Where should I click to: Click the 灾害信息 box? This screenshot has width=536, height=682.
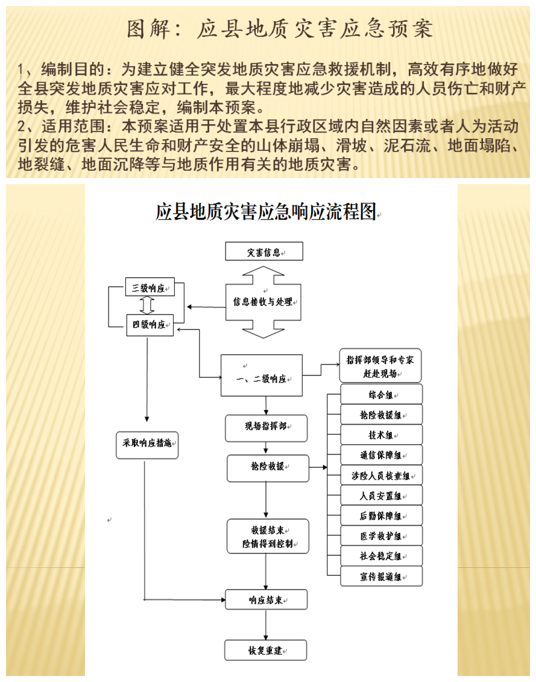[263, 252]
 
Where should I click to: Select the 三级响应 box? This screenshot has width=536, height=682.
[148, 288]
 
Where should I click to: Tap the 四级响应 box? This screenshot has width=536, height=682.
[149, 325]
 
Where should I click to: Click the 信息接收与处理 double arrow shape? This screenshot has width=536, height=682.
[263, 301]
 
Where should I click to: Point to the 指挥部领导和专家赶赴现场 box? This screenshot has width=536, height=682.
[380, 366]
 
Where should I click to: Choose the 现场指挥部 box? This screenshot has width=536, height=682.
[266, 427]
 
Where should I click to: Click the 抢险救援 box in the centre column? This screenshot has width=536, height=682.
[268, 468]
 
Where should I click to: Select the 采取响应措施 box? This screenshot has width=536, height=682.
[147, 444]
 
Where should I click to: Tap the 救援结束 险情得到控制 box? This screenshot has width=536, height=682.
[268, 536]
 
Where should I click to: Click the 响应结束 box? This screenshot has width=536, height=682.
[266, 599]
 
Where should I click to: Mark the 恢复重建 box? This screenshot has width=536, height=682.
[265, 651]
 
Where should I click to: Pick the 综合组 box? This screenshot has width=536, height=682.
[381, 395]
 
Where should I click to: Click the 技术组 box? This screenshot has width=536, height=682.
[381, 435]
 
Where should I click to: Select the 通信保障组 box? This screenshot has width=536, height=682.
[381, 455]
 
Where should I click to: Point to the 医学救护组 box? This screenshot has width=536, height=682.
[381, 535]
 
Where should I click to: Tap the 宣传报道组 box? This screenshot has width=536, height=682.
[381, 576]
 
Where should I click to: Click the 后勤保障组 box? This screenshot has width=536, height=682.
[381, 515]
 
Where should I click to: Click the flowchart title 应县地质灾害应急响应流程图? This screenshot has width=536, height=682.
[266, 212]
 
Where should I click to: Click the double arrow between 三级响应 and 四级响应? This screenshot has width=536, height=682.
[149, 306]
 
